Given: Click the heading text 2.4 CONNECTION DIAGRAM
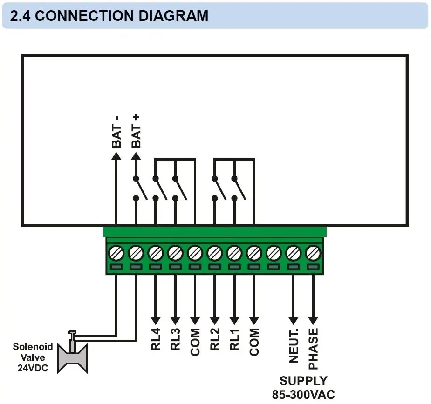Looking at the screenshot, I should (x=109, y=15).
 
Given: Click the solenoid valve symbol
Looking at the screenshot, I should (x=72, y=355).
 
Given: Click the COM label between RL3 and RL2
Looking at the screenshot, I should (x=195, y=342).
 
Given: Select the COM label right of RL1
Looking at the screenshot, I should (x=254, y=342).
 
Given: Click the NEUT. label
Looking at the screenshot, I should (x=294, y=345).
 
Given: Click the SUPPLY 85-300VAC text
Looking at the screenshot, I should (x=303, y=387).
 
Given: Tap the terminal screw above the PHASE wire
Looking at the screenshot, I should (x=313, y=253).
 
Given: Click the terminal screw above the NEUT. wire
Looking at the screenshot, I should (x=294, y=253).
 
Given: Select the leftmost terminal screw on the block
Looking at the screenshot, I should (x=116, y=253).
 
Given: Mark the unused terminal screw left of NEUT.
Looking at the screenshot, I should (x=274, y=253).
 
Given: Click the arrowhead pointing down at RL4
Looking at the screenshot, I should (x=155, y=320).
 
